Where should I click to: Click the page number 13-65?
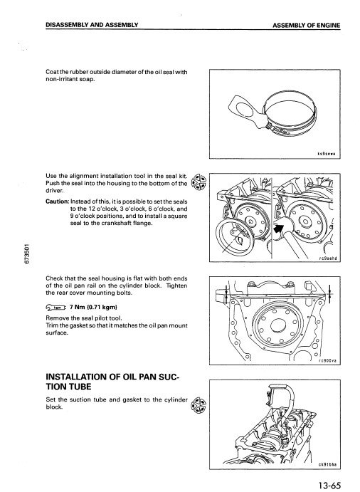[x=329, y=486]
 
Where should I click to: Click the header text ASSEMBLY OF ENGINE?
[x=306, y=26]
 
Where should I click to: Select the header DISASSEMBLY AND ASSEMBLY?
[x=92, y=25]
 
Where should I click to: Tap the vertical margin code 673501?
[x=28, y=253]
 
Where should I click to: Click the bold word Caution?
[x=57, y=201]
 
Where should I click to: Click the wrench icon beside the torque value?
[x=55, y=307]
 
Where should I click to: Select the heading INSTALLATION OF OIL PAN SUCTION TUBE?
[x=112, y=382]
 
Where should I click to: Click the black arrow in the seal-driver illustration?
[x=278, y=227]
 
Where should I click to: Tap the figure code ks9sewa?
[x=327, y=154]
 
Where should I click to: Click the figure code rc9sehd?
[x=328, y=258]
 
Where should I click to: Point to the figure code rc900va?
[x=327, y=361]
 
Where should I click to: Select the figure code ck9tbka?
[x=327, y=465]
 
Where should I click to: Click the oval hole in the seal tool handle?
[x=243, y=108]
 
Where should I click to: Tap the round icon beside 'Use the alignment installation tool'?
[x=198, y=182]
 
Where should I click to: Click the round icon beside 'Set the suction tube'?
[x=198, y=405]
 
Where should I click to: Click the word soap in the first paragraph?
[x=88, y=79]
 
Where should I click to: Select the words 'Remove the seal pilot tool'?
[x=84, y=318]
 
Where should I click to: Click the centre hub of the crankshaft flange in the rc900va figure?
[x=278, y=325]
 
